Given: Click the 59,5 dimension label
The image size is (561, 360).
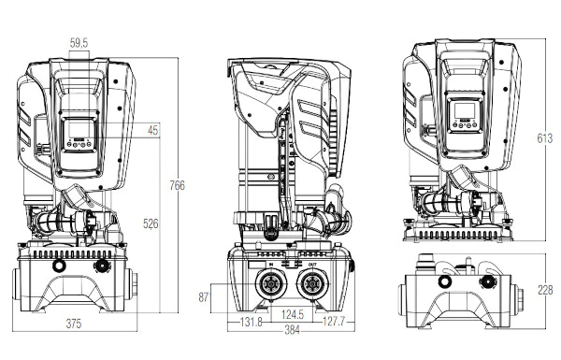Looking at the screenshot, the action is [79, 43].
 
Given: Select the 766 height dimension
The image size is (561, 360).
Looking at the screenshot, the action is [177, 185].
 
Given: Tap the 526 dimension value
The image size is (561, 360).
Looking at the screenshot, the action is [151, 223].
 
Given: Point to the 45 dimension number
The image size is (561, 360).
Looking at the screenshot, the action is [152, 130].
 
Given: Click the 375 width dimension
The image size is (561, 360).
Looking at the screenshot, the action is [74, 324].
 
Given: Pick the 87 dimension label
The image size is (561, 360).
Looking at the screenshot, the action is [204, 297].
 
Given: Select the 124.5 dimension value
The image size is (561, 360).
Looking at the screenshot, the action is [293, 314].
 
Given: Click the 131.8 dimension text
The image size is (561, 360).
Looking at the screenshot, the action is [252, 322].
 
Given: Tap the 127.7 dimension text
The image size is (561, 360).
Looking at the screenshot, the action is [334, 322].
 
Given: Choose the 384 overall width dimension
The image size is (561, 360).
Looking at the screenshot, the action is [292, 330].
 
